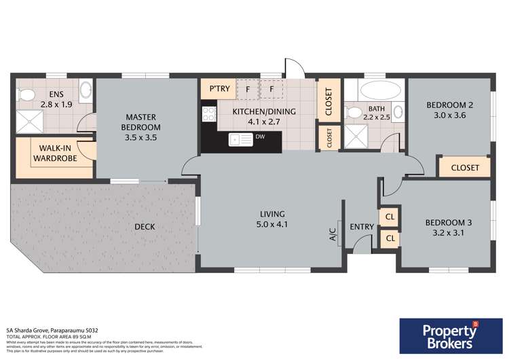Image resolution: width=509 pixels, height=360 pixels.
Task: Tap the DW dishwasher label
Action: point(261,137)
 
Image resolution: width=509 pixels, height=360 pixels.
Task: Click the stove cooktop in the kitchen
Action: point(208,113)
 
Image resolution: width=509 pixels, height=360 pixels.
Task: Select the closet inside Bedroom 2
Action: point(464,168)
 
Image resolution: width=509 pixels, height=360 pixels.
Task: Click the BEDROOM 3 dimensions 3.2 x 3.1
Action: point(446,233)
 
